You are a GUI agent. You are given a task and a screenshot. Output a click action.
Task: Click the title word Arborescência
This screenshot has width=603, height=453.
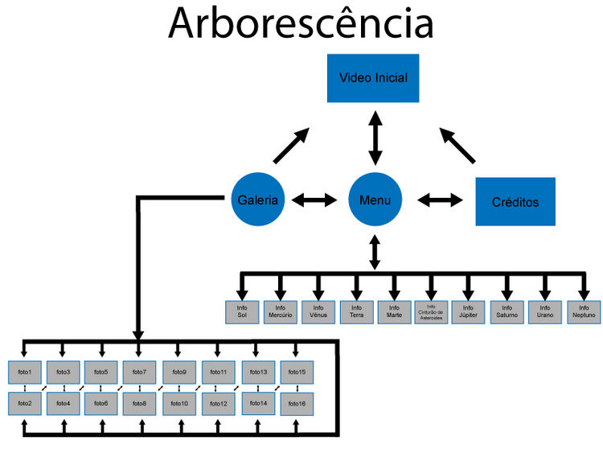(x=301, y=24)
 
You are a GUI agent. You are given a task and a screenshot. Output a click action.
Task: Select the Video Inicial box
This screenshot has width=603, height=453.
(x=373, y=78)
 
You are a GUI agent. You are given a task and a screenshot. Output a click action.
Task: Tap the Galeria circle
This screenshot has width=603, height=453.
(x=258, y=199)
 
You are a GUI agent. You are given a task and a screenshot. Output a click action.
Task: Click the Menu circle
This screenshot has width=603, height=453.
(x=375, y=199)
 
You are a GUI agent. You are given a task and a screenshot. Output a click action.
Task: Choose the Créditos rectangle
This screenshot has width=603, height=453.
(x=515, y=202)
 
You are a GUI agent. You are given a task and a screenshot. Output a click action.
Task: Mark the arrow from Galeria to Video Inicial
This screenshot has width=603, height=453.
(x=290, y=143)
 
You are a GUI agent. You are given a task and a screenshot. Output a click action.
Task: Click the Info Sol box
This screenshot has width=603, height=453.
(x=241, y=312)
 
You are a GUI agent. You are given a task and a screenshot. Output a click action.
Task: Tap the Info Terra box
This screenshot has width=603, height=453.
(x=356, y=312)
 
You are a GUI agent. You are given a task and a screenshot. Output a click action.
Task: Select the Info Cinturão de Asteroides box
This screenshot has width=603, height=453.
(x=432, y=312)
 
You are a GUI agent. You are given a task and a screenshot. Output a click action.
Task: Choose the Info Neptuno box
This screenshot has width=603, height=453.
(x=584, y=312)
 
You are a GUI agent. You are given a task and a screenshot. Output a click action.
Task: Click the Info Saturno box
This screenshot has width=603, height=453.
(x=507, y=312)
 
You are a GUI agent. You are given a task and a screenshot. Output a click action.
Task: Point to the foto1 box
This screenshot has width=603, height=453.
(x=24, y=373)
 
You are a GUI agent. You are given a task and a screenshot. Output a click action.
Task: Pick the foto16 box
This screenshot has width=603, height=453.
(x=297, y=402)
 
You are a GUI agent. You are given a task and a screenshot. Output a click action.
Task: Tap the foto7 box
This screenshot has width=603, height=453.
(x=140, y=373)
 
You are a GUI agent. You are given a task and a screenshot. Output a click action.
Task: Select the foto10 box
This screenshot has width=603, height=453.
(x=179, y=402)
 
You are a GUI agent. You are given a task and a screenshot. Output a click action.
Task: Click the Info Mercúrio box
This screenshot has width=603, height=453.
(x=280, y=312)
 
